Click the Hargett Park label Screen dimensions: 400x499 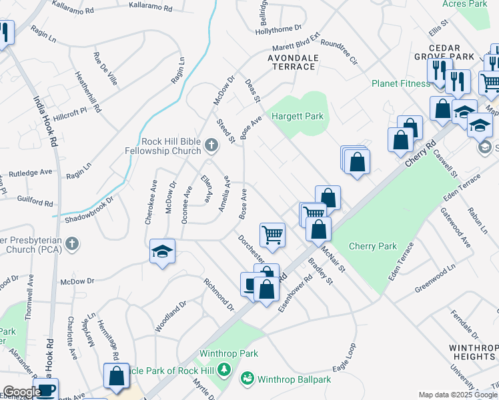297,117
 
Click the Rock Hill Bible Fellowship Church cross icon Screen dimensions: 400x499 211,145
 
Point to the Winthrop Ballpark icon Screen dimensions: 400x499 248,379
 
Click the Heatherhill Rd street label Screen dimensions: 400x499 89,91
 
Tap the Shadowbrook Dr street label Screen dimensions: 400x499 89,209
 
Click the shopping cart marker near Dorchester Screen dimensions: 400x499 272,234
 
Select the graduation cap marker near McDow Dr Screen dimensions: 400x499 162,251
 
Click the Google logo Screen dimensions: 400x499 22,392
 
